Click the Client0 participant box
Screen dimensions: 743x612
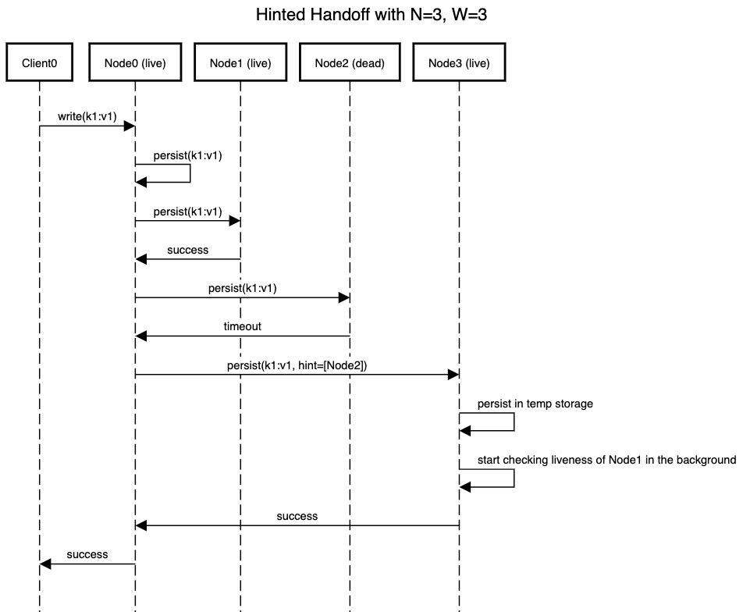click(x=39, y=62)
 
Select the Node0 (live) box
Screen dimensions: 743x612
click(x=135, y=62)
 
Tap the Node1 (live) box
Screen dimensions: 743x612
click(x=240, y=62)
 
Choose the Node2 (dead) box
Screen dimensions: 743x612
click(x=350, y=62)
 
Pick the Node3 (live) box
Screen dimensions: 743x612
click(x=459, y=62)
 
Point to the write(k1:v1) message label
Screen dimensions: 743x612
click(x=87, y=116)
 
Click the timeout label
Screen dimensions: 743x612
click(x=242, y=326)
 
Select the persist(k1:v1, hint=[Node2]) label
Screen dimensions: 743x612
click(x=297, y=365)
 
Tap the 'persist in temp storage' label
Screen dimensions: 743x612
click(x=535, y=404)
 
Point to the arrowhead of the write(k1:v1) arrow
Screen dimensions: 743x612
click(x=130, y=126)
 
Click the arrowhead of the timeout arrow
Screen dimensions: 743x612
click(x=141, y=336)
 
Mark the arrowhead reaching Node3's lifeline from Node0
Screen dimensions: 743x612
click(x=453, y=375)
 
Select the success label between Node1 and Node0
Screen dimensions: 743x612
click(x=187, y=250)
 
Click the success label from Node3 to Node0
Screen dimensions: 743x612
click(x=297, y=516)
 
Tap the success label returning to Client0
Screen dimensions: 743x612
click(x=87, y=555)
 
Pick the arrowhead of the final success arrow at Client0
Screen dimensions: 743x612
click(x=45, y=564)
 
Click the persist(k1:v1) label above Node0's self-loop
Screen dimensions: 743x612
click(x=187, y=155)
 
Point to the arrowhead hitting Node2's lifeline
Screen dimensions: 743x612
click(x=344, y=297)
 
